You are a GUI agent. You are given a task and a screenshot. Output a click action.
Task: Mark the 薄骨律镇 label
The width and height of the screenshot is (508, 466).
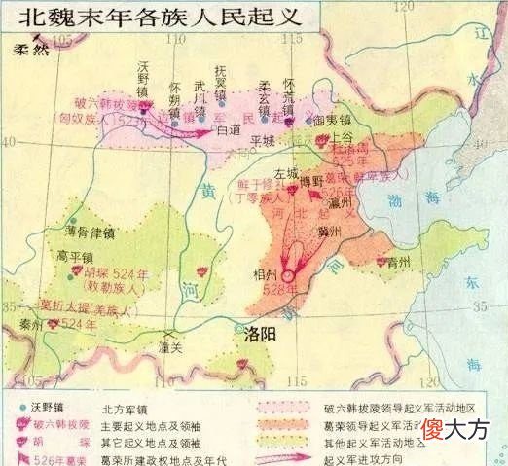89,233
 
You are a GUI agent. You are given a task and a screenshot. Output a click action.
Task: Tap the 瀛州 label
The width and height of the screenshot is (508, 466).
344,205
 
